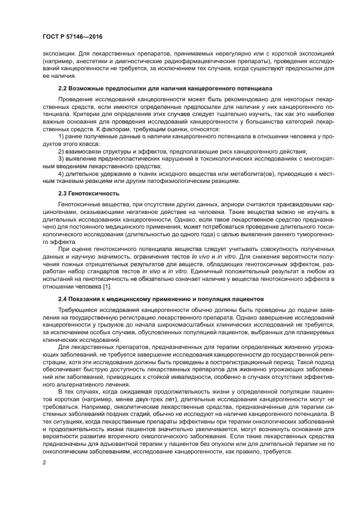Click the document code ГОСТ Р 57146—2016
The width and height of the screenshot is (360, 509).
pyautogui.click(x=72, y=37)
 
